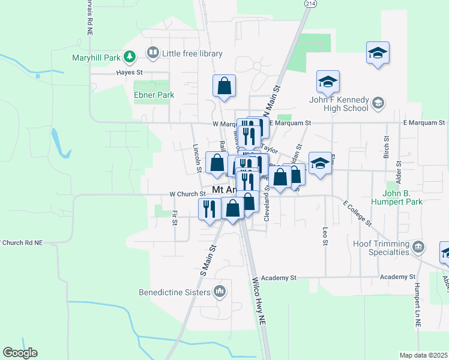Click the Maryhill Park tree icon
point(129,57)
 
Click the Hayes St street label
point(128,72)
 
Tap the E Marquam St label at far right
point(424,123)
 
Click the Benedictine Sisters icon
point(220,292)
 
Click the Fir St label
point(175,218)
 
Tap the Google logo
point(20,353)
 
